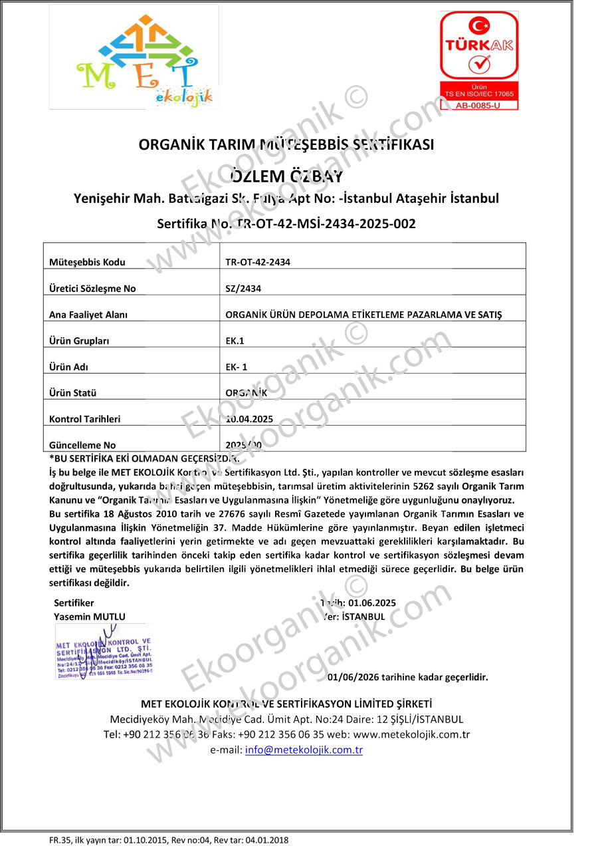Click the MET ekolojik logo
(144, 57)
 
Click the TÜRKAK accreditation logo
(478, 60)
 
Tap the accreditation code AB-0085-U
(478, 104)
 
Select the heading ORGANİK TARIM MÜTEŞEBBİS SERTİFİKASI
(286, 144)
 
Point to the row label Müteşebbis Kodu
(87, 262)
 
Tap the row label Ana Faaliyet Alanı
(88, 315)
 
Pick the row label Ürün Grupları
(79, 341)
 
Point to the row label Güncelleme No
(82, 445)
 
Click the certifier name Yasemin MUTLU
(89, 617)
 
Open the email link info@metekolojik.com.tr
(304, 750)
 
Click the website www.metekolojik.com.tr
(411, 734)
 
